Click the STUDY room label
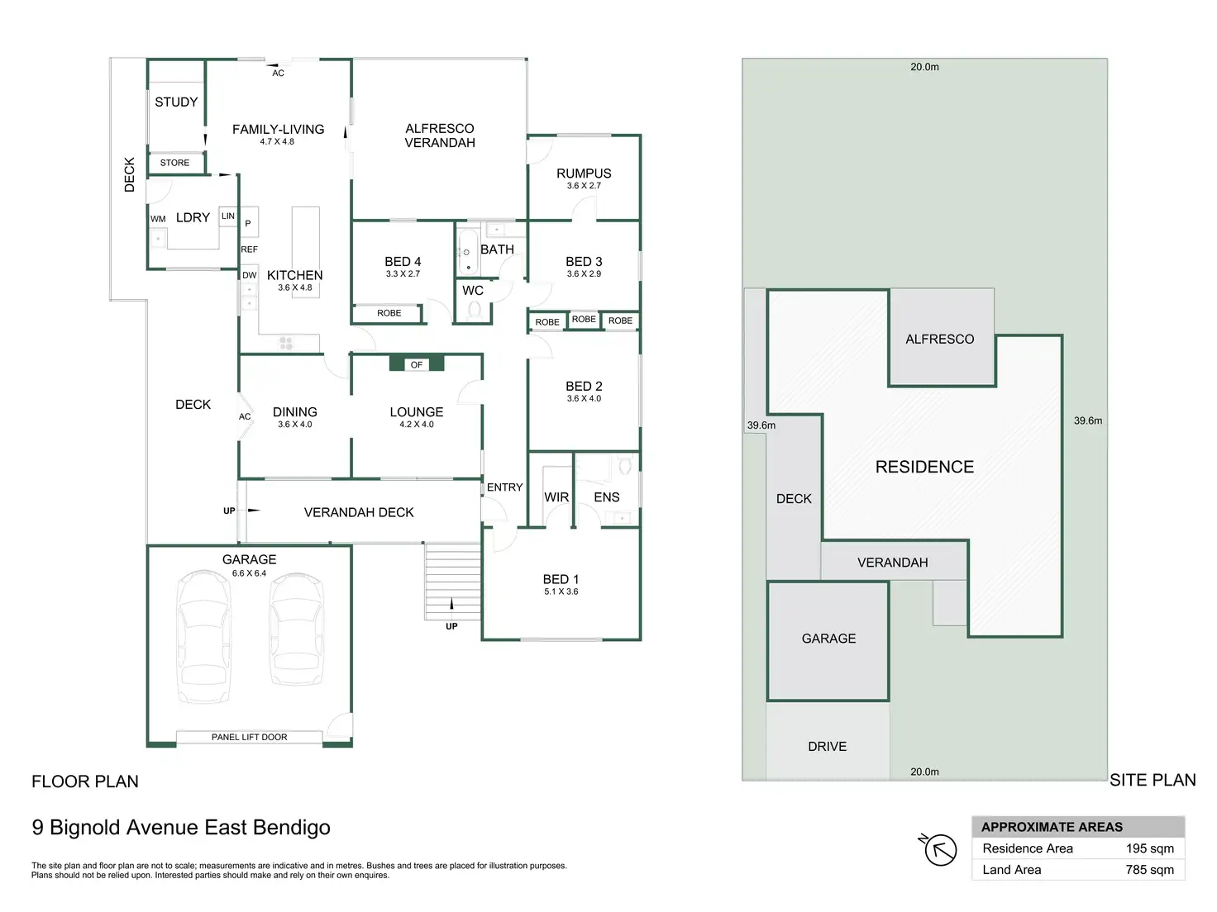tap(176, 102)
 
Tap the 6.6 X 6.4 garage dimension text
tap(249, 573)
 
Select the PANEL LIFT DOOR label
tap(249, 737)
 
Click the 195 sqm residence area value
tap(1149, 848)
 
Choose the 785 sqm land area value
tap(1149, 869)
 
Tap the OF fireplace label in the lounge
tap(417, 364)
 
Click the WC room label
tap(472, 290)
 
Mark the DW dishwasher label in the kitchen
tap(249, 274)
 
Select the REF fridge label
tap(249, 249)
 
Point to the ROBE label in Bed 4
tap(389, 313)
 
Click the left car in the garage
tap(203, 637)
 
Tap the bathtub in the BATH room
tap(467, 252)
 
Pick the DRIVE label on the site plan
tap(827, 747)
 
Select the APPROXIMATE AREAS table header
tap(1051, 827)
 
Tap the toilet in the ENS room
tap(625, 465)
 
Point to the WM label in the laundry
tap(158, 219)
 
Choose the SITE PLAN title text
tap(1153, 780)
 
